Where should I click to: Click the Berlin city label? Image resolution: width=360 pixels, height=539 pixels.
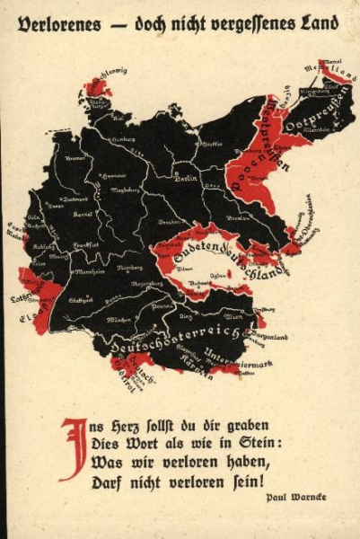(187, 179)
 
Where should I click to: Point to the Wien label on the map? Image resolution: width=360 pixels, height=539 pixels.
(232, 316)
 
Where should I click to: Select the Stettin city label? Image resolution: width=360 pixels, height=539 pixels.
(210, 144)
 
